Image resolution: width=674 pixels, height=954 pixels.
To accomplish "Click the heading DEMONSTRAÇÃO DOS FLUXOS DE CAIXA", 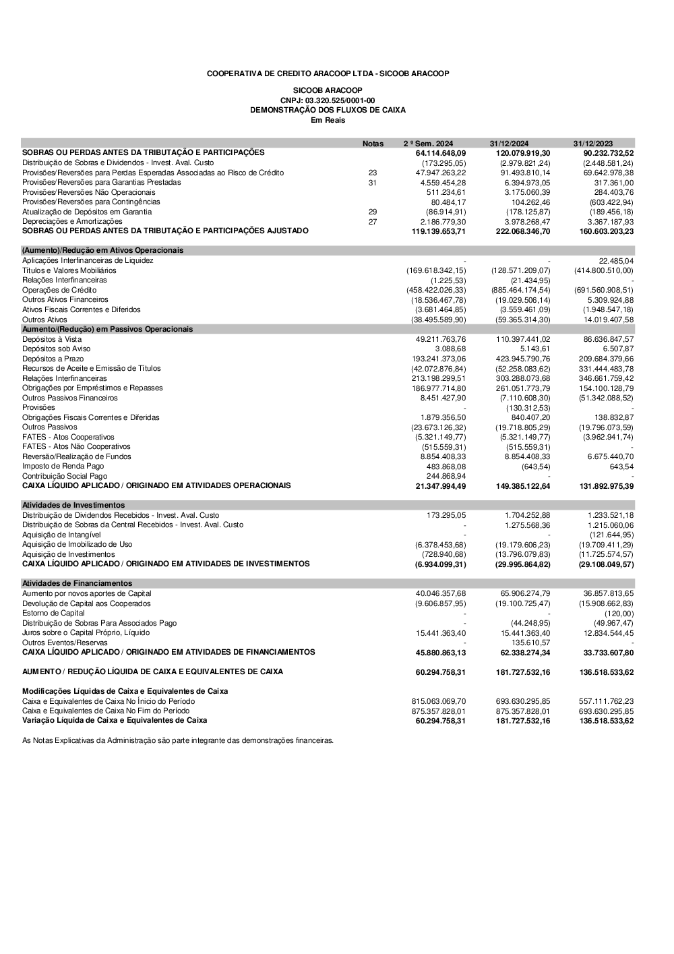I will point(328,110).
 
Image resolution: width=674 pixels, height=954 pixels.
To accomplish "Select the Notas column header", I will point(373,144).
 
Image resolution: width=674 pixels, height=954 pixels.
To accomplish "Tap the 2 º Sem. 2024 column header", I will point(428,144).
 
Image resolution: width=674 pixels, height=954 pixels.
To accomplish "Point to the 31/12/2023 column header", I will point(593,144).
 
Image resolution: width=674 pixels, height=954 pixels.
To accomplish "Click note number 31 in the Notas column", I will point(373,183).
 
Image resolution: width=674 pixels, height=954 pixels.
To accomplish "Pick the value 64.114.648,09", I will point(441,153).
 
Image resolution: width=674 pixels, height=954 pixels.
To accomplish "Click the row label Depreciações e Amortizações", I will point(72,221).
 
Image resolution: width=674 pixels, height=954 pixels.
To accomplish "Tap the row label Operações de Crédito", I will point(59,290).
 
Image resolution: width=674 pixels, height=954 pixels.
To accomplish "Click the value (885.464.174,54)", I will point(520,290).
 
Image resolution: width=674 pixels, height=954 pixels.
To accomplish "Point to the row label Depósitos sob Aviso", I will point(56,349).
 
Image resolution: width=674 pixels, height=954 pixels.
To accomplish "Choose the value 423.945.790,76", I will point(523,359).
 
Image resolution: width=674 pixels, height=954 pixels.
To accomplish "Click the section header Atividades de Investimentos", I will point(73,505).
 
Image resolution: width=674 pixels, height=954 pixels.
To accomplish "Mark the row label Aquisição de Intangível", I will point(61,535).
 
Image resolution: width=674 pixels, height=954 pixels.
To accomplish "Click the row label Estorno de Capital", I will point(53,613).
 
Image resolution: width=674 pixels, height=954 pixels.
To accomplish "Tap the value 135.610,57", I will point(530,643).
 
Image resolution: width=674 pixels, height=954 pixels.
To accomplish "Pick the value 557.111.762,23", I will point(606,701).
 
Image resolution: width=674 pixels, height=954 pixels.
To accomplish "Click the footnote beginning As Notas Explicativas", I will point(178,740).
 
